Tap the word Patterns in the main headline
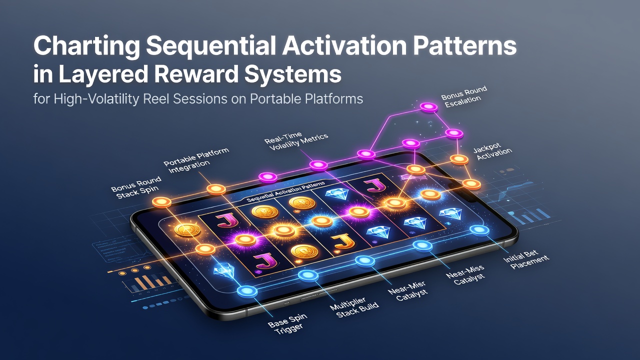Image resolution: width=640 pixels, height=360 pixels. click(465, 45)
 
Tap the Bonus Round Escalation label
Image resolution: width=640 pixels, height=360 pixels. click(463, 97)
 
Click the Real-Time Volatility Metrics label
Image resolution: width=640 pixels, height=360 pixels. click(295, 141)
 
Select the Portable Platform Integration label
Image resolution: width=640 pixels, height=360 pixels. click(196, 160)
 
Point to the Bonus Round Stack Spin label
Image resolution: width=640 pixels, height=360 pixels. click(136, 187)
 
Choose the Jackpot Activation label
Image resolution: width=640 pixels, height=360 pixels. click(492, 153)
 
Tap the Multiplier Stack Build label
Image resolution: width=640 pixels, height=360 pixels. click(354, 307)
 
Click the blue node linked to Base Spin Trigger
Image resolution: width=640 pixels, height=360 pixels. click(247, 291)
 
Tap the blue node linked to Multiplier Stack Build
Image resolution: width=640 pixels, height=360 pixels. click(308, 275)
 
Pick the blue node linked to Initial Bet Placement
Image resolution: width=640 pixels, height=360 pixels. click(479, 230)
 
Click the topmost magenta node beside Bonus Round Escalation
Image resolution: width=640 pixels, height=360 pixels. click(428, 107)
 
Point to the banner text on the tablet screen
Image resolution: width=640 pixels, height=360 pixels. click(285, 192)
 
